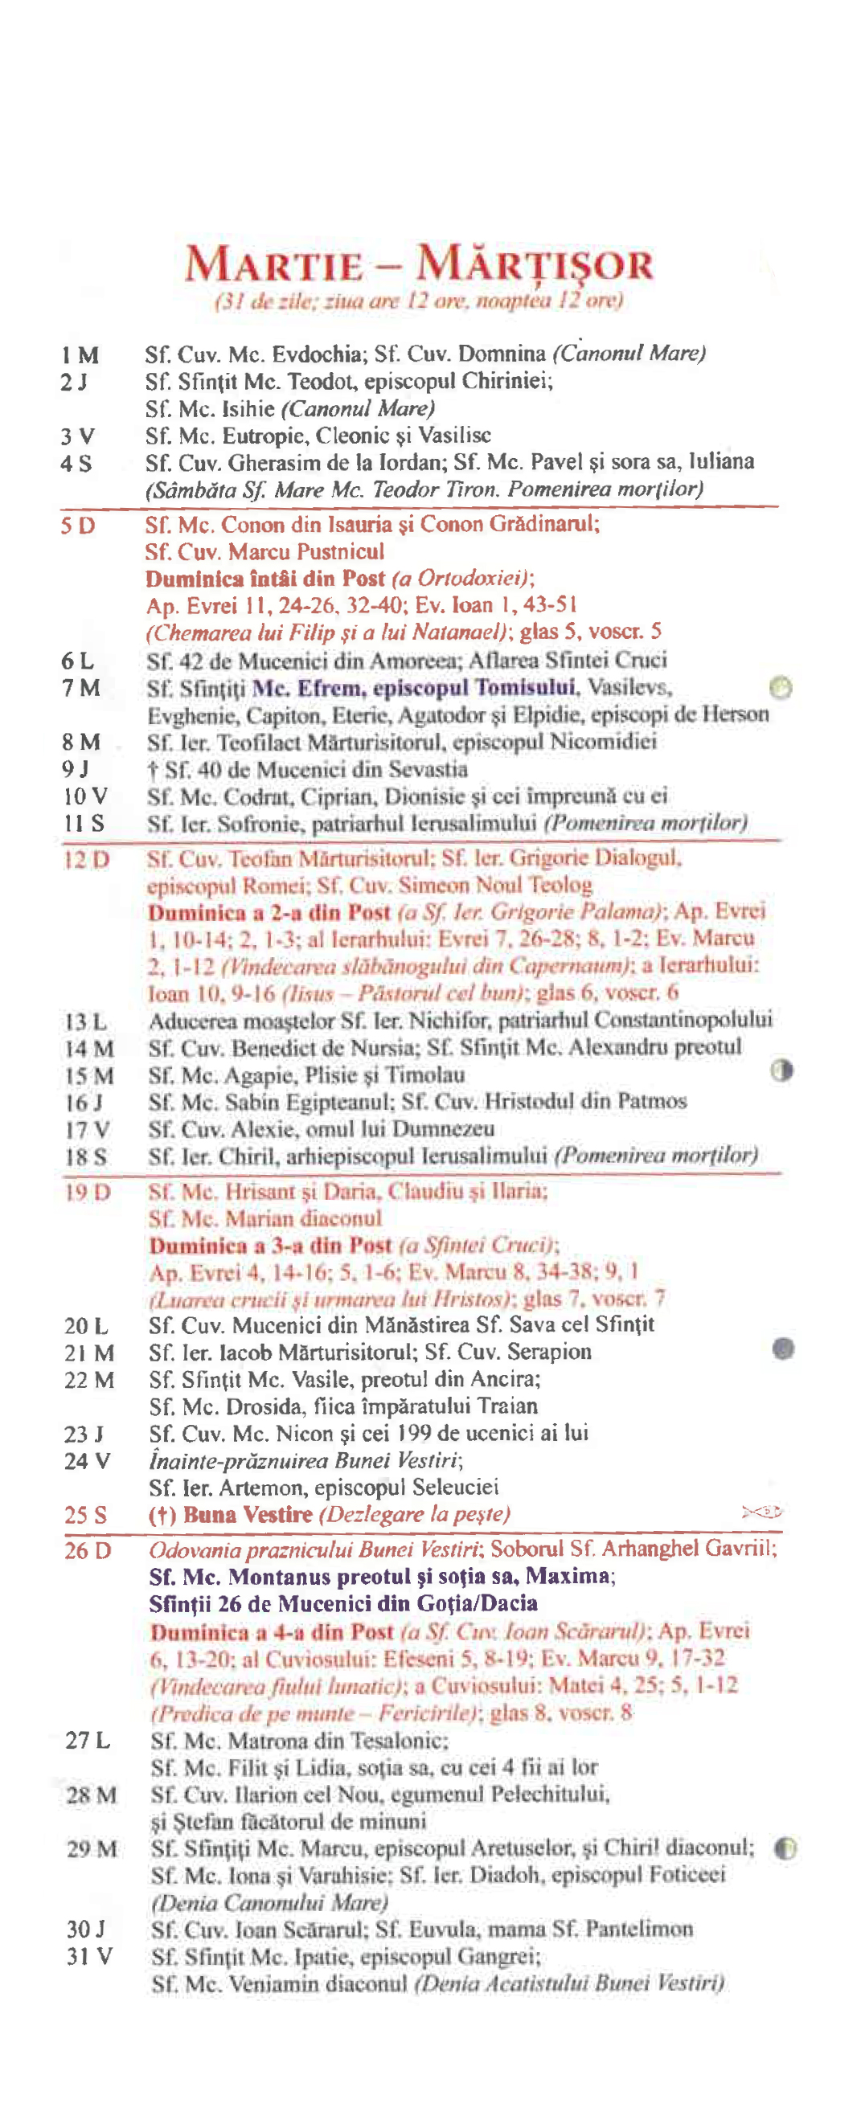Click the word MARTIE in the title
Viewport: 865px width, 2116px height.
click(x=273, y=265)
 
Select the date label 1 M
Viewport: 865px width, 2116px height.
click(x=79, y=356)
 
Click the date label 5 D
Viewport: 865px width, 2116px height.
click(x=77, y=525)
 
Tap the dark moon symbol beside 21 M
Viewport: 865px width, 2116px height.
click(x=784, y=1349)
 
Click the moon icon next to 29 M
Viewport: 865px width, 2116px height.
click(x=785, y=1848)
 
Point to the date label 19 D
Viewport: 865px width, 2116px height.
click(x=87, y=1192)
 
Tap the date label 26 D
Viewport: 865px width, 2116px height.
click(x=88, y=1551)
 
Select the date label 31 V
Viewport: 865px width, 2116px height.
click(x=89, y=1956)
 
